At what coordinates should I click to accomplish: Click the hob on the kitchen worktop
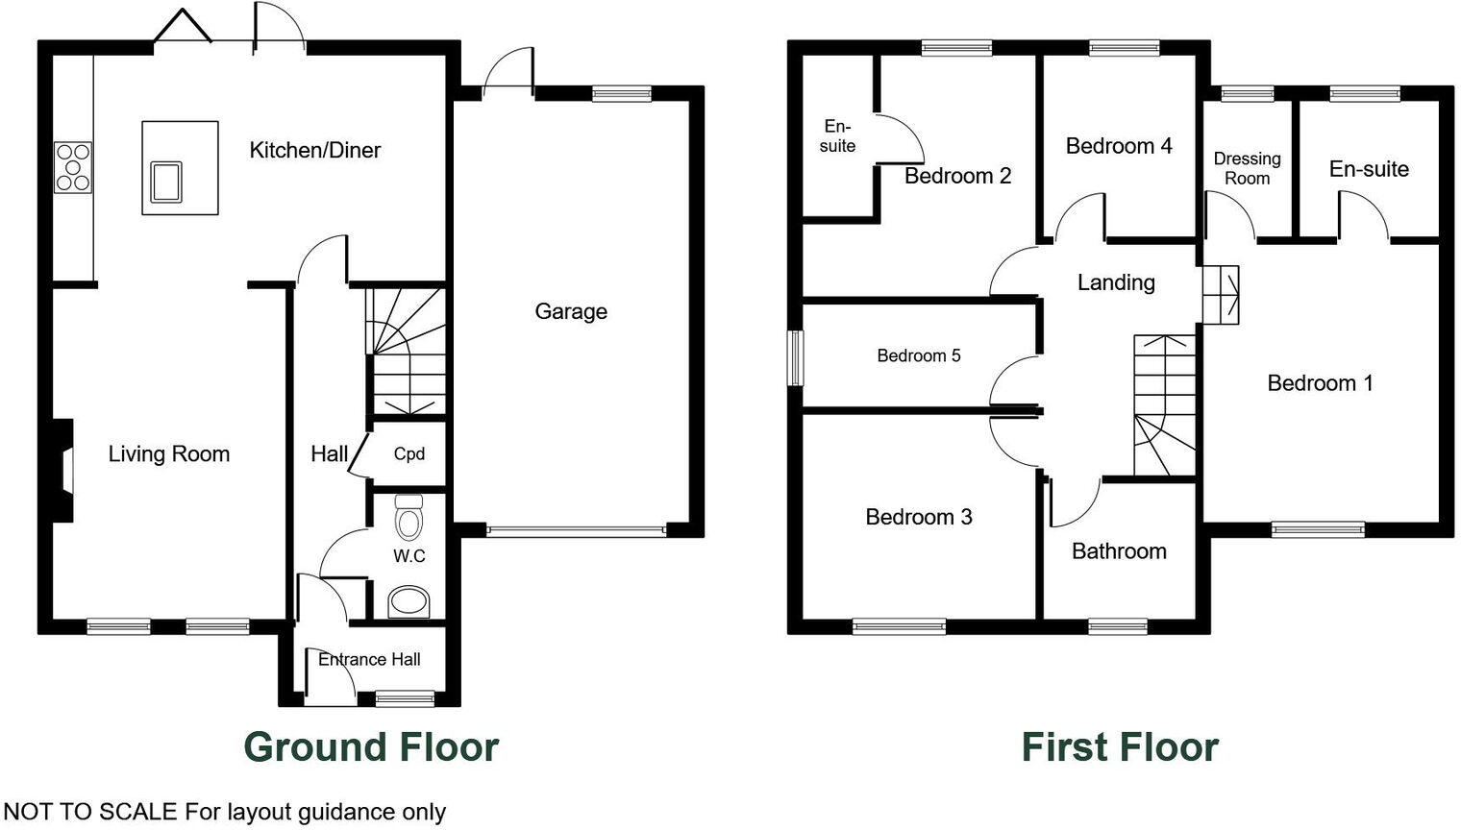point(73,167)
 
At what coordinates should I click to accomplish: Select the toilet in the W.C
point(409,519)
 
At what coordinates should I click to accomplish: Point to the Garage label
point(571,311)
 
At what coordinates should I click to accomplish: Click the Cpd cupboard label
point(409,453)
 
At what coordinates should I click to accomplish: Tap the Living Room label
point(169,453)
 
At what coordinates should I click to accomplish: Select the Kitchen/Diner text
point(315,150)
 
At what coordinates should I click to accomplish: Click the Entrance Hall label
point(369,659)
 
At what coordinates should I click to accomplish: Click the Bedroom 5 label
point(919,355)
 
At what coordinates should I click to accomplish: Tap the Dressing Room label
point(1247,168)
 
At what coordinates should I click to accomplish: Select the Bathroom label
point(1119,551)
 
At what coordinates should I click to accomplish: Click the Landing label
point(1116,282)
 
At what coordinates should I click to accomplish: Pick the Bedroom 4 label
point(1119,146)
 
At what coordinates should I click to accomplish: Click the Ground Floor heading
point(371,746)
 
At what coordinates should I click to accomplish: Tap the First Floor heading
point(1120,746)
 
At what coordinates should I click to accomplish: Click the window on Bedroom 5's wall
point(795,358)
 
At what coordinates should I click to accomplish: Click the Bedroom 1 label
point(1320,383)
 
